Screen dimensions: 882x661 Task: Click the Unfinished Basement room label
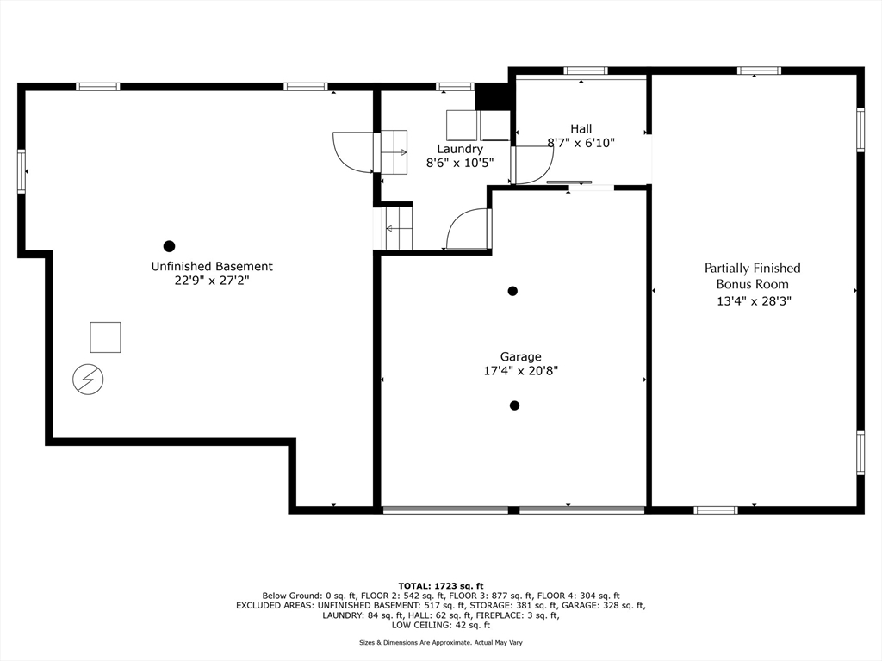[x=212, y=267]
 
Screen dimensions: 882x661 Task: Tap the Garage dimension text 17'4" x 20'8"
[x=521, y=371]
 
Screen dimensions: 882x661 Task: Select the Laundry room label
[x=460, y=149]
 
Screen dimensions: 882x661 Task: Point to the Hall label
[x=581, y=129]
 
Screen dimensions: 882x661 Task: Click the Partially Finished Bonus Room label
[x=753, y=276]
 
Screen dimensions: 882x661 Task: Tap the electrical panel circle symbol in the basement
[x=89, y=380]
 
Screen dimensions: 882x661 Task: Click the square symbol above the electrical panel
[x=105, y=337]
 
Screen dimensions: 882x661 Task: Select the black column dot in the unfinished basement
[x=170, y=246]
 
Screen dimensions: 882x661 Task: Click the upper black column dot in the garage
[x=512, y=291]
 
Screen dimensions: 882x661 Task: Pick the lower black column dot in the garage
[x=515, y=405]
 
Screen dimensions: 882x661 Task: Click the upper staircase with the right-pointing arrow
[x=394, y=152]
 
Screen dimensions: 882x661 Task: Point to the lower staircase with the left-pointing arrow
[x=399, y=228]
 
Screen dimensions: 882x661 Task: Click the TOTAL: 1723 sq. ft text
[x=441, y=585]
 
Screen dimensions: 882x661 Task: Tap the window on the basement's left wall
[x=22, y=171]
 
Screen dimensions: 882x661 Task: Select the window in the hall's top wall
[x=586, y=71]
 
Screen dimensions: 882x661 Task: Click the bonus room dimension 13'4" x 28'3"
[x=754, y=300]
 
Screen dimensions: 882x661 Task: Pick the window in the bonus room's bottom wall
[x=716, y=510]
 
